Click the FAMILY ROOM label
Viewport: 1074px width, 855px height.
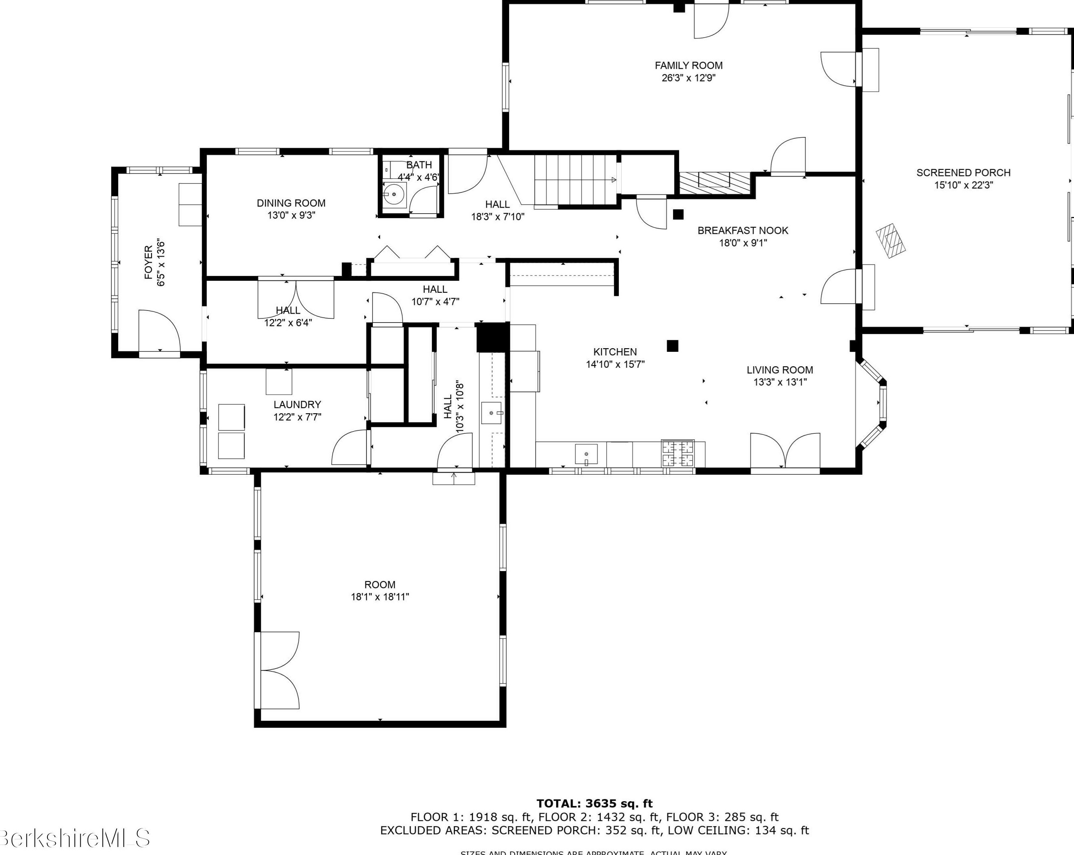(688, 65)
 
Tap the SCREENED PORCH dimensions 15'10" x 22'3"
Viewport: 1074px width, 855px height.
(963, 185)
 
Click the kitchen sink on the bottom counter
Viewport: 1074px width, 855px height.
(586, 454)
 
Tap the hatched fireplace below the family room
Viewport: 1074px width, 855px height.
(714, 183)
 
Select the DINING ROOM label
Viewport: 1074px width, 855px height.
(291, 203)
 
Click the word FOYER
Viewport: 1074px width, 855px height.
(148, 262)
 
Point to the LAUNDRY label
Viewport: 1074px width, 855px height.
(297, 404)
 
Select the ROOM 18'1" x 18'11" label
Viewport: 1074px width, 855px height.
(380, 591)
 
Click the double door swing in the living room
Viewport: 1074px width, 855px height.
(785, 451)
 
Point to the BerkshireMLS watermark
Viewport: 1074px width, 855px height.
(75, 838)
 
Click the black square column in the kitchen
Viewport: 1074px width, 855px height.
(673, 346)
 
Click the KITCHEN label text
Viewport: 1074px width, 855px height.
(615, 351)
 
